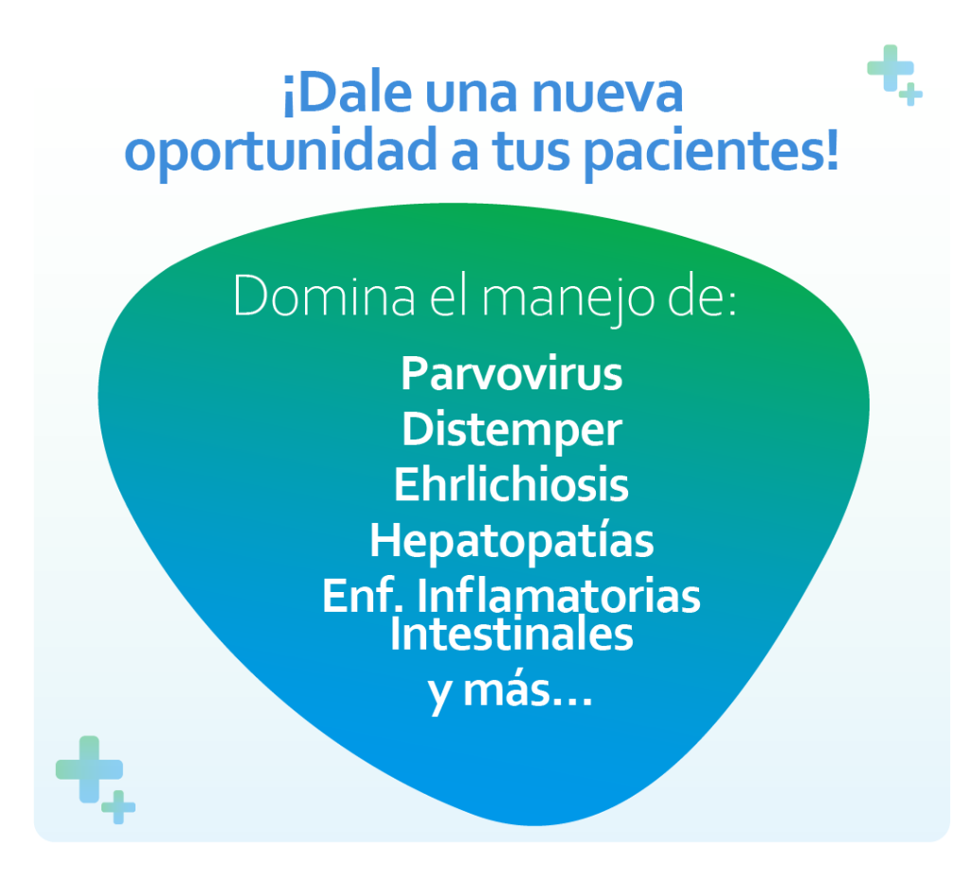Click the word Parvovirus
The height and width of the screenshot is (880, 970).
coord(512,373)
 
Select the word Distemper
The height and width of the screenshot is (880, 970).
coord(512,430)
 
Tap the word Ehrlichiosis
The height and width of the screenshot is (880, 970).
coord(512,484)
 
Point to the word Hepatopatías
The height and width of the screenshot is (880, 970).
coord(512,541)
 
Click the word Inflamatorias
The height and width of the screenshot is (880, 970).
coord(558,595)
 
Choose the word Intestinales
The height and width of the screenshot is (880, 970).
coord(512,634)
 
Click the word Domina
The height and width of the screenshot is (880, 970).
coord(324,296)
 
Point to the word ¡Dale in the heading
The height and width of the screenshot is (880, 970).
coord(347,93)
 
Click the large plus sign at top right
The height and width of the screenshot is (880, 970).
coord(890,67)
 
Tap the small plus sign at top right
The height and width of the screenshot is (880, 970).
coord(910,94)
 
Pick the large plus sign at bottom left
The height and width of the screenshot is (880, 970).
coord(89,769)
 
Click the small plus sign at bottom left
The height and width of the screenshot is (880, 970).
coord(118,807)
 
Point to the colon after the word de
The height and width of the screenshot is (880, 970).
coord(732,301)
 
